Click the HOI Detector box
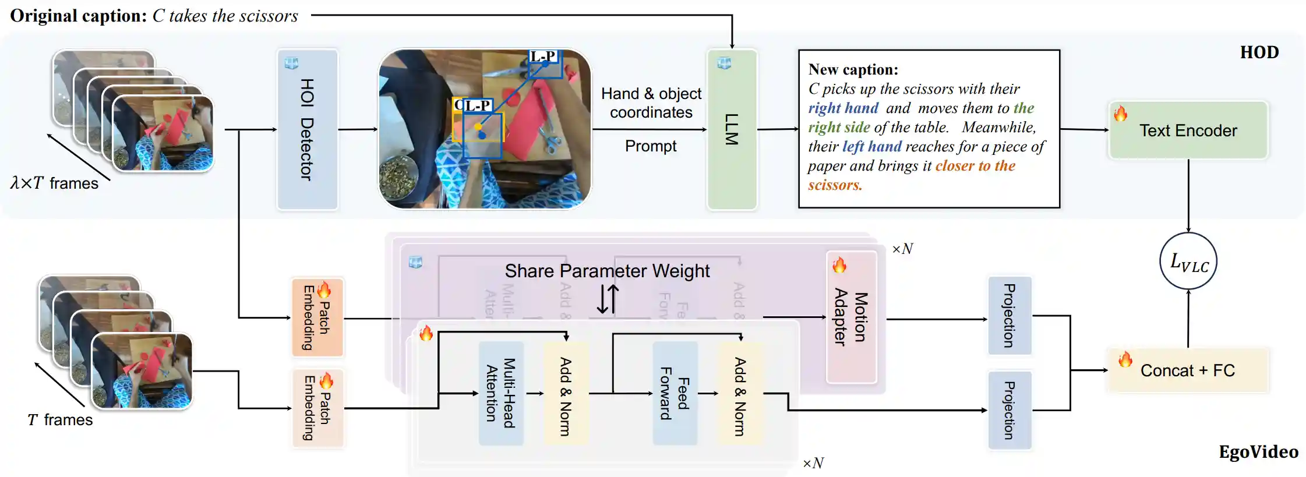[307, 129]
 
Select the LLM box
[732, 129]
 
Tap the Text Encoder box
[1188, 130]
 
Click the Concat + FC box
[1188, 370]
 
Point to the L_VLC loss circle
[1188, 262]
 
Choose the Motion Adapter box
[851, 317]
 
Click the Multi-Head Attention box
[501, 394]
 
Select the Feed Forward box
[675, 394]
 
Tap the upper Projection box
[1009, 316]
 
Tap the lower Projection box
[1009, 410]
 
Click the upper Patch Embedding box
[317, 317]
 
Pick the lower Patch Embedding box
[317, 408]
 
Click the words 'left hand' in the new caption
[871, 147]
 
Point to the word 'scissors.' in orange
[835, 185]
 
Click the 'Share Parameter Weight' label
[607, 271]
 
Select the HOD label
[1259, 52]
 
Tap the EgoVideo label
[1258, 452]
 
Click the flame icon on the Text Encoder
[1120, 114]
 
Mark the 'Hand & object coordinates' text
[651, 103]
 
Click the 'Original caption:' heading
[78, 16]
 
